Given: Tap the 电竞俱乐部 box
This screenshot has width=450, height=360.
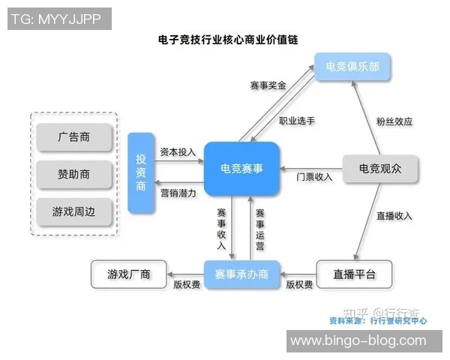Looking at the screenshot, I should click(x=352, y=67).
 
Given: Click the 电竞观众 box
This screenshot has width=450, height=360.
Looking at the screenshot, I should click(x=379, y=169).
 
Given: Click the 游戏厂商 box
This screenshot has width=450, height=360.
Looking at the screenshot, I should click(x=129, y=274).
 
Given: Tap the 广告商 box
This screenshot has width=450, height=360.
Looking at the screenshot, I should click(x=74, y=137).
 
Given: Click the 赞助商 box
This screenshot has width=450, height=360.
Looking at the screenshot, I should click(x=74, y=174).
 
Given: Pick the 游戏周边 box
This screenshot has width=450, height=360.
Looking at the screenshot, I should click(x=74, y=211).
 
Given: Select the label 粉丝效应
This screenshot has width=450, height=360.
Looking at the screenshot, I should click(x=394, y=121).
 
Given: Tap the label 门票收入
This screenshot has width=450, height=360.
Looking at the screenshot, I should click(x=314, y=177).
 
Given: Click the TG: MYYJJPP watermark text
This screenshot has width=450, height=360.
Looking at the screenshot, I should click(x=58, y=19).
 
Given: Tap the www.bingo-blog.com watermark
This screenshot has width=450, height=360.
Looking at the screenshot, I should click(x=358, y=340).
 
